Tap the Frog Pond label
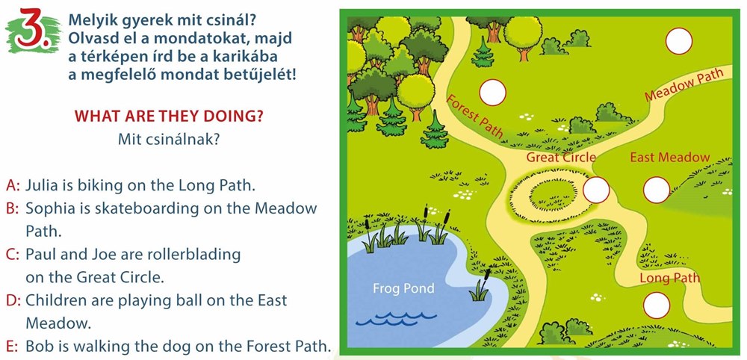click(x=403, y=288)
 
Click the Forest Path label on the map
click(x=474, y=117)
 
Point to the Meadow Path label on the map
click(x=684, y=84)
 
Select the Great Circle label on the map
click(x=561, y=157)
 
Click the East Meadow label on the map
click(x=670, y=157)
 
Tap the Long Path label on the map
click(x=669, y=278)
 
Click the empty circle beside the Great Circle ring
click(x=596, y=190)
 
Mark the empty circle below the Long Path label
click(x=657, y=305)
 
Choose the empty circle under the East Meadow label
click(x=657, y=190)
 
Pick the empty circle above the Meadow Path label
click(x=679, y=41)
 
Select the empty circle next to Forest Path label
click(x=492, y=92)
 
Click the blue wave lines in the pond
click(x=396, y=319)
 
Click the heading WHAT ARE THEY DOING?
click(x=169, y=117)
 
